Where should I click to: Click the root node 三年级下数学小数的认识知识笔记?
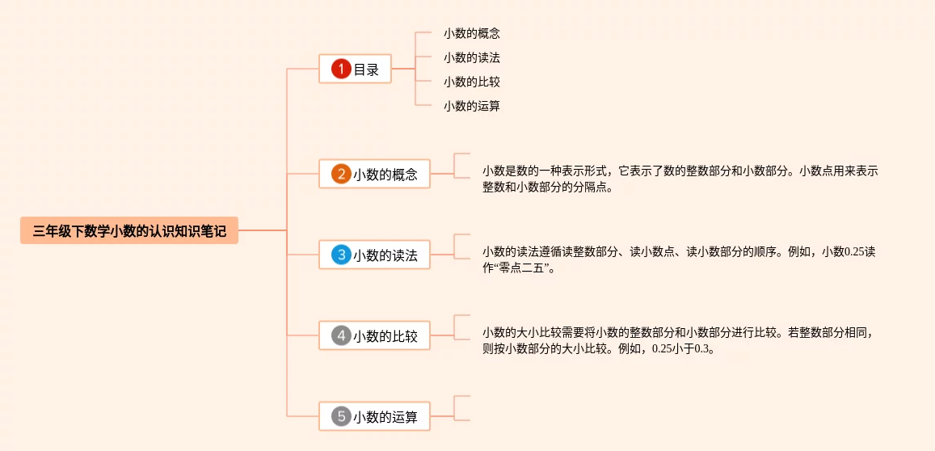pyautogui.click(x=129, y=231)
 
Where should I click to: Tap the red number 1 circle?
pyautogui.click(x=342, y=70)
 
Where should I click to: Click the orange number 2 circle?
pyautogui.click(x=341, y=174)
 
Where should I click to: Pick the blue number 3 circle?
pyautogui.click(x=341, y=255)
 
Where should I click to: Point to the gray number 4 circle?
pyautogui.click(x=341, y=335)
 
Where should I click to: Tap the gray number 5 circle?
pyautogui.click(x=341, y=417)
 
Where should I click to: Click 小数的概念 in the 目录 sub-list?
pyautogui.click(x=472, y=34)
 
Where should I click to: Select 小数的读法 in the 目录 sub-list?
pyautogui.click(x=472, y=58)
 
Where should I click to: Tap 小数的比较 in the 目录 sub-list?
pyautogui.click(x=472, y=82)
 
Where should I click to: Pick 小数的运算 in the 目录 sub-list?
pyautogui.click(x=472, y=106)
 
